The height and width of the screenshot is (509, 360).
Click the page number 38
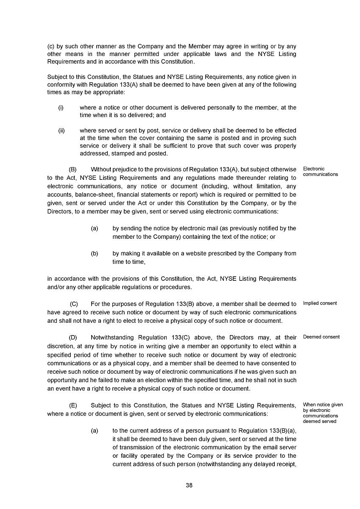pos(189,485)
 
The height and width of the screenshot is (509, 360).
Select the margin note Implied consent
pos(320,303)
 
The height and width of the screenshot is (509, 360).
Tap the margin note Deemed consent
pos(321,337)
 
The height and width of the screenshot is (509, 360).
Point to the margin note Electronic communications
pos(320,172)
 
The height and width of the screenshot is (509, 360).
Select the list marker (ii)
pos(61,130)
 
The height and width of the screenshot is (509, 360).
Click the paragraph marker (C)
pos(74,304)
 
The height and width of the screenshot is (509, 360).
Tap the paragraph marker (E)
pos(73,406)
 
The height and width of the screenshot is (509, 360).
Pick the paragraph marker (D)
pos(73,338)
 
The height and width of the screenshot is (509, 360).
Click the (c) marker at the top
pos(51,46)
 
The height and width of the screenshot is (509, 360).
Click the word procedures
pos(178,287)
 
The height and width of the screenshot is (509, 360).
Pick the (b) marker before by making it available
pos(95,254)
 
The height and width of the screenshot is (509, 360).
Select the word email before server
pos(268,447)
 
